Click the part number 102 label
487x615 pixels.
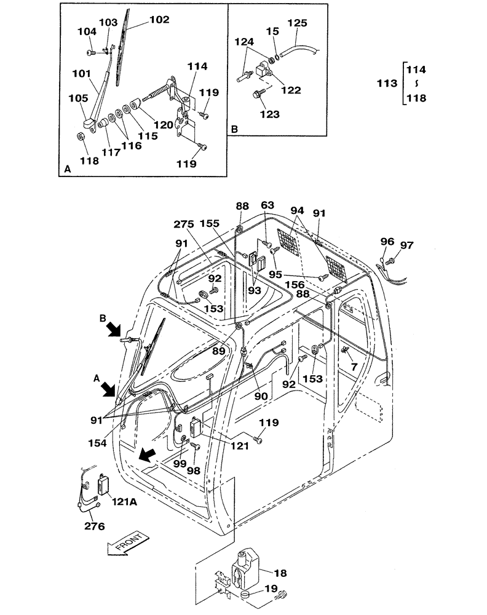click(159, 20)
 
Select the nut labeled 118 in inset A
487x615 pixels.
click(81, 136)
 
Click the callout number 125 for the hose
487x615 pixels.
click(297, 23)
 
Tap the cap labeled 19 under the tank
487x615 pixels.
click(245, 595)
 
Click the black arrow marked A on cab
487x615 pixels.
click(110, 389)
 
